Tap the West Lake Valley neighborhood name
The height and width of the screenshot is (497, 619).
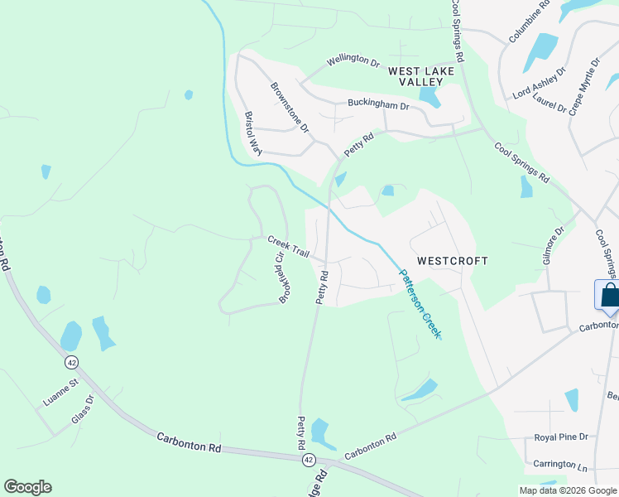[x=421, y=77]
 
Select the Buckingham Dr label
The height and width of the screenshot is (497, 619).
[x=378, y=106]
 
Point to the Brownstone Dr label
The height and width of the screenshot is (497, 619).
[x=290, y=107]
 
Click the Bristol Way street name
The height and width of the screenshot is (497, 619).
[x=252, y=133]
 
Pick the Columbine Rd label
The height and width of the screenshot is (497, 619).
[x=530, y=22]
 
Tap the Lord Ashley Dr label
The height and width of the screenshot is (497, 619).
[x=539, y=83]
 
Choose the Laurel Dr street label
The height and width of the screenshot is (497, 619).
[x=550, y=103]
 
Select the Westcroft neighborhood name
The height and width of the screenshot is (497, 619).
[x=452, y=260]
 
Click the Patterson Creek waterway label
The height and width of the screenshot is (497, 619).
[x=420, y=302]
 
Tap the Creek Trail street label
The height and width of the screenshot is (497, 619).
[x=287, y=245]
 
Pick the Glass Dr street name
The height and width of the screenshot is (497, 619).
[x=83, y=409]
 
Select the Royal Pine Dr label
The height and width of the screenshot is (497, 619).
[x=560, y=437]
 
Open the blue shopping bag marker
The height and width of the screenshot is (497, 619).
[x=608, y=297]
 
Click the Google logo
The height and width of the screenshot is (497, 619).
[x=27, y=487]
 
